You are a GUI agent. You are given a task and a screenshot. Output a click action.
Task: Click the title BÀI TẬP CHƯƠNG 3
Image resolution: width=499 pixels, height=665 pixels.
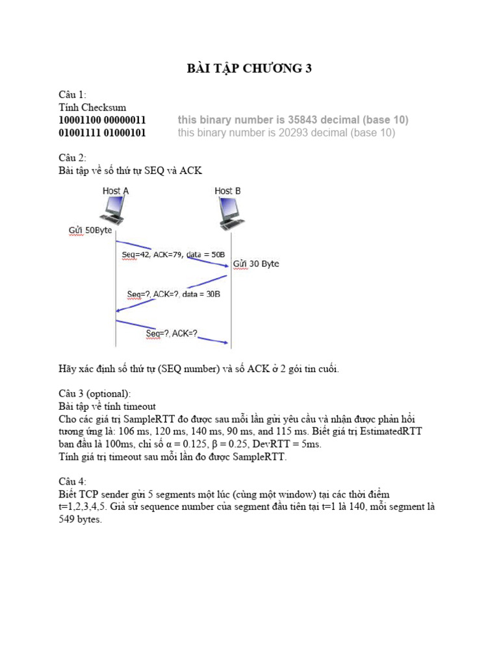[x=249, y=68]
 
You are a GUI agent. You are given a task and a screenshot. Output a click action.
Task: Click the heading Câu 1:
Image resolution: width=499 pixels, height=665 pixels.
[x=72, y=95]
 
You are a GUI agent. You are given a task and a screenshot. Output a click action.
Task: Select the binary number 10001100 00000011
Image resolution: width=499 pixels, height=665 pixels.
[x=102, y=120]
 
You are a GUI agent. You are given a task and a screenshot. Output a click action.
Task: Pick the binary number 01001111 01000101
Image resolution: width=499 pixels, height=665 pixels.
[x=102, y=133]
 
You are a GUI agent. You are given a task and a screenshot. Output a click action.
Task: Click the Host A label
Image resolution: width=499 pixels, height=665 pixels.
[x=116, y=191]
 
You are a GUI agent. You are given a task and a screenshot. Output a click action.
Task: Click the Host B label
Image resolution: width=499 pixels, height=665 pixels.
[x=227, y=191]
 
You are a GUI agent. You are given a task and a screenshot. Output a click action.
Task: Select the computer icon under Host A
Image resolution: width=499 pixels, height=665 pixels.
[x=112, y=211]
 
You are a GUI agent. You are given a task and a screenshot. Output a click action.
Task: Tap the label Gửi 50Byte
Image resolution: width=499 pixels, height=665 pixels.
[x=90, y=230]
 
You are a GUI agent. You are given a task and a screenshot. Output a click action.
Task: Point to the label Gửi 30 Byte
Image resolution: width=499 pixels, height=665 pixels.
[x=256, y=264]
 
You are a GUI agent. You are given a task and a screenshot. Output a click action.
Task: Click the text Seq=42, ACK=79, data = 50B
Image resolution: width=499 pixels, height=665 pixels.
[x=173, y=255]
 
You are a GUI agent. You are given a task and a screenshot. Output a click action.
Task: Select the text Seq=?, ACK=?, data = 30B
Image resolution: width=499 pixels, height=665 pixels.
[x=173, y=294]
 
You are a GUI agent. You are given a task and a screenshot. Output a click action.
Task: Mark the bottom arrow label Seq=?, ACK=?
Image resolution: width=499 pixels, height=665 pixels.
[x=172, y=334]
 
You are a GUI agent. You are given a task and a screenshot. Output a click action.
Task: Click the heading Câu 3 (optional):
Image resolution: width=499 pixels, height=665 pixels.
[x=94, y=394]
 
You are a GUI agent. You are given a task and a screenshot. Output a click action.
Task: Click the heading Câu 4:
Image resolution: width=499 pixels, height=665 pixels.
[x=72, y=482]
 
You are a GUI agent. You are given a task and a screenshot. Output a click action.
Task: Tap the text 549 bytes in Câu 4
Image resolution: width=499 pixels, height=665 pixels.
[x=81, y=520]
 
